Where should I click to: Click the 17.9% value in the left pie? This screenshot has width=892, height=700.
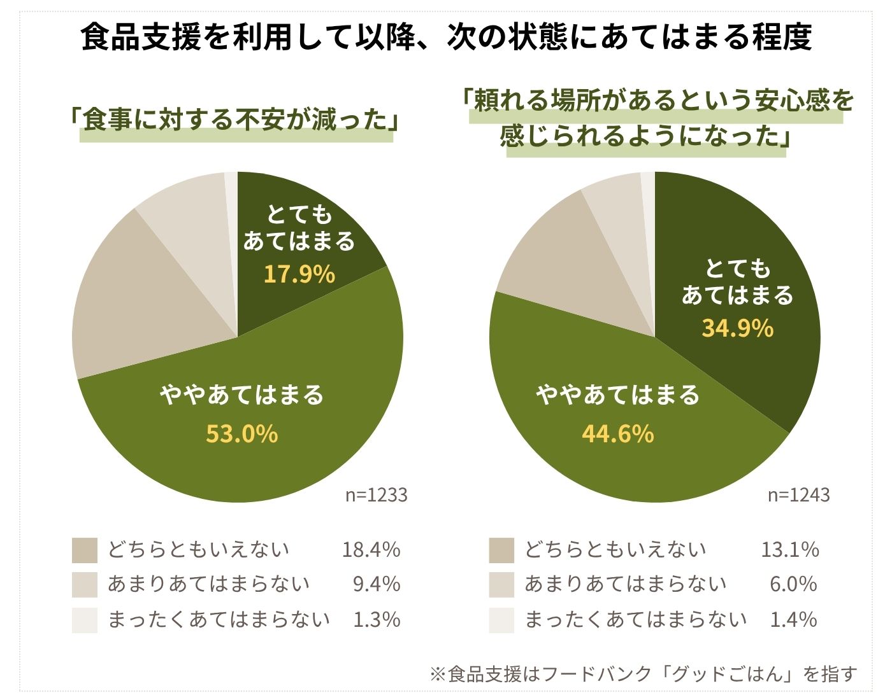[299, 274]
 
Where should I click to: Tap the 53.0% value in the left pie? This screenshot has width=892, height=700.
[241, 434]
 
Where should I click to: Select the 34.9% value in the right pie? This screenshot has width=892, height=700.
[737, 328]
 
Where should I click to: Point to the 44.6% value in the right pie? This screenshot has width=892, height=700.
[617, 434]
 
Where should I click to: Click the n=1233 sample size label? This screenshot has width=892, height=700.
[376, 495]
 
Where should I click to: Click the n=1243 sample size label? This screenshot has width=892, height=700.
[798, 495]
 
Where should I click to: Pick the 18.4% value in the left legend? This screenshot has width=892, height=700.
[371, 549]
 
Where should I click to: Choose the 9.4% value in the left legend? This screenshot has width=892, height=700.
[377, 584]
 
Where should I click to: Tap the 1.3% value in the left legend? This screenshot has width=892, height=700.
[377, 619]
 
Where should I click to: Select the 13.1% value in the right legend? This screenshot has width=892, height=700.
[789, 549]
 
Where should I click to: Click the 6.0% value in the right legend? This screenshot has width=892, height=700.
[793, 584]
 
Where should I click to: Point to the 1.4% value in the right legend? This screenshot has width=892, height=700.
[793, 619]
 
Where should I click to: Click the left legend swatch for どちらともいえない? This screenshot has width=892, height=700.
[85, 550]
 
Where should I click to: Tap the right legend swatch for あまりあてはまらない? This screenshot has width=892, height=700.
[501, 585]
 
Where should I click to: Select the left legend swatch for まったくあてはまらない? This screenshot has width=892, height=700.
[85, 620]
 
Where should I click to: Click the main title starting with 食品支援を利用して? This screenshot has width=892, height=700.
[446, 37]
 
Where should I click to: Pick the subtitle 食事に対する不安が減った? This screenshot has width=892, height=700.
[235, 120]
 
